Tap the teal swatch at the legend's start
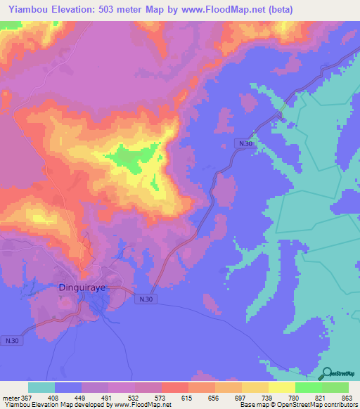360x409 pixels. coord(41,387)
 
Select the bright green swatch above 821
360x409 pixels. coord(308,387)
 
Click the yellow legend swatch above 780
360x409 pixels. coord(281,387)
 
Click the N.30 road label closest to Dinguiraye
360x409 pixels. coord(144,300)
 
